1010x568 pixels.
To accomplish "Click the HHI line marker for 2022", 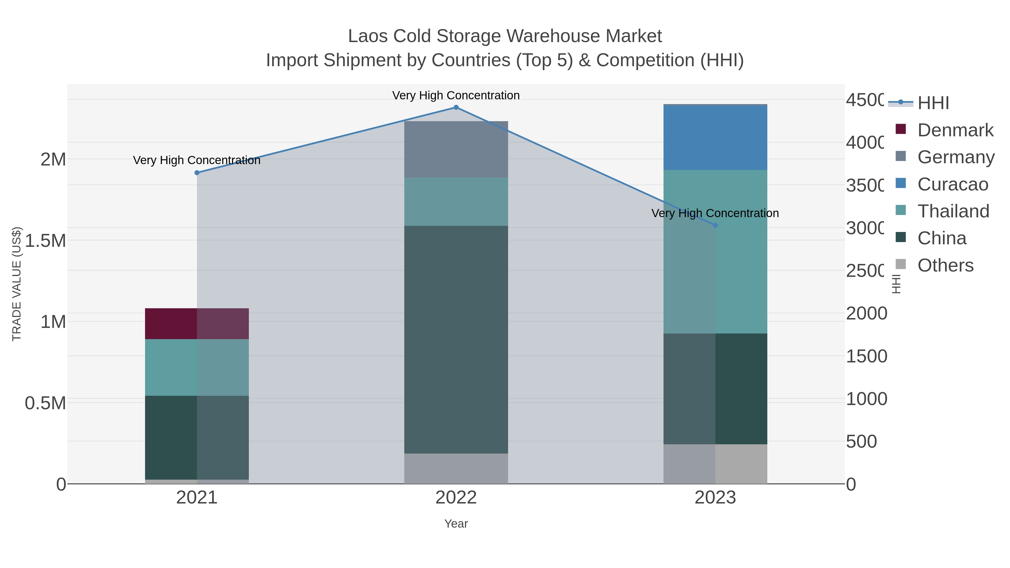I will click(x=456, y=107).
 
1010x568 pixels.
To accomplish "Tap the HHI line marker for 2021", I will click(x=197, y=173).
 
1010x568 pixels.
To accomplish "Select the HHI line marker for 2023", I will click(x=715, y=226).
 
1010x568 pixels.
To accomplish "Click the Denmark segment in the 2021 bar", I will click(x=197, y=323).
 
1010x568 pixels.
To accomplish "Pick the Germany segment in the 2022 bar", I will click(x=456, y=149).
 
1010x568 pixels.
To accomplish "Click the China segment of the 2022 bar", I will click(x=456, y=339).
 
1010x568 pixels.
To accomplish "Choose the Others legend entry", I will click(x=945, y=265).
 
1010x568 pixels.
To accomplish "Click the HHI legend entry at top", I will click(x=933, y=103).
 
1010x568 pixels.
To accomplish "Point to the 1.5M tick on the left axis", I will click(x=45, y=240).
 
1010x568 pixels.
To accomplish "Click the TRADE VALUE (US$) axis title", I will click(x=17, y=284).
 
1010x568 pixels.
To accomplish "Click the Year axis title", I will click(x=456, y=524).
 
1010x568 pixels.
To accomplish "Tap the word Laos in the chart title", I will click(x=368, y=36).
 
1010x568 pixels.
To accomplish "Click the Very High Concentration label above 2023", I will click(x=715, y=213).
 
